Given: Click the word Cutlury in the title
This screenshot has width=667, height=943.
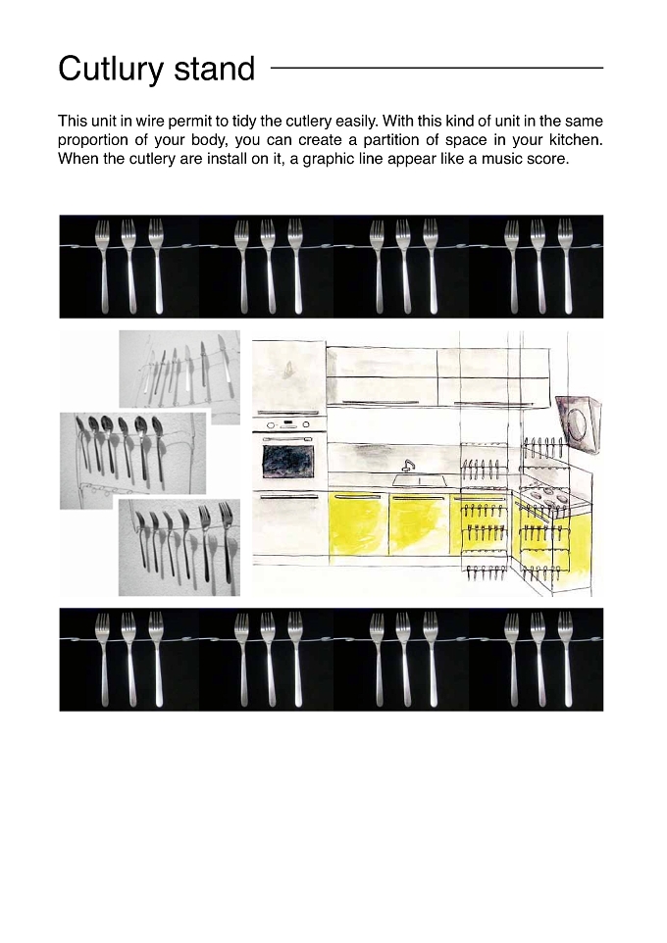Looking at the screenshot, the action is (x=110, y=69).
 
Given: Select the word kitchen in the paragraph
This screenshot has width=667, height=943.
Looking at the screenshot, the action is (x=576, y=140).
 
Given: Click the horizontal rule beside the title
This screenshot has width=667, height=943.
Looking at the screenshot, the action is (x=437, y=68).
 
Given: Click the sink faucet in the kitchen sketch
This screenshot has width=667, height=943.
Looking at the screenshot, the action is (x=408, y=466).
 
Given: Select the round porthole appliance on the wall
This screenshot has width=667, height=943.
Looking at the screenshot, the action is (x=579, y=423).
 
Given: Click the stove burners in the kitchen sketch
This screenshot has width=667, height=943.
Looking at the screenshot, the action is (x=546, y=495).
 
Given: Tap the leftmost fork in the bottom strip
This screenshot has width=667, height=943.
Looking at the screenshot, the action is (x=103, y=660).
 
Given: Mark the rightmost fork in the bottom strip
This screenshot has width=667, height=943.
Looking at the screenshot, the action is (x=566, y=660).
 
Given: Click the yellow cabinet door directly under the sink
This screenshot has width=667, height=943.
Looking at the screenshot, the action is (x=419, y=524).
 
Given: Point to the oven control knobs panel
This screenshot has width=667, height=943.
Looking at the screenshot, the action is (x=289, y=424).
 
